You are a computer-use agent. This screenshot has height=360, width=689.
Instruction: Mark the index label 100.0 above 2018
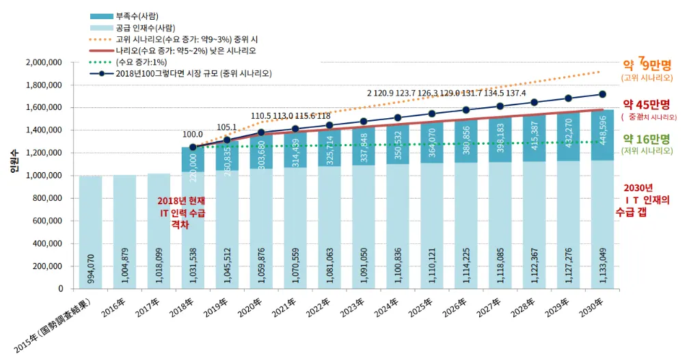coord(193,135)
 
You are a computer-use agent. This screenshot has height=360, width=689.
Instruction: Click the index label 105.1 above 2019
coord(226,127)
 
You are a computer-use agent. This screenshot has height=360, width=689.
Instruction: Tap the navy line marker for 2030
coord(602,94)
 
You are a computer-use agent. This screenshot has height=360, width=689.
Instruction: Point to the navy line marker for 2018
coord(193,146)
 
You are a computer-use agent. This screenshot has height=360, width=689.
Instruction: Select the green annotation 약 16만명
coord(646,139)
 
